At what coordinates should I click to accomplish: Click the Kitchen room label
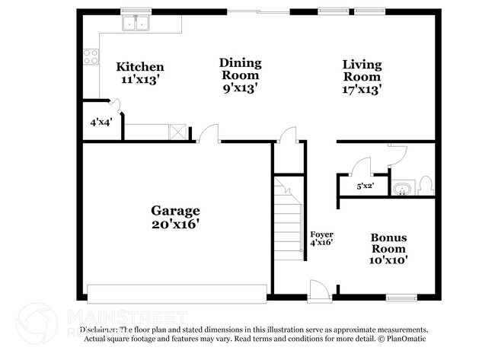point(139,67)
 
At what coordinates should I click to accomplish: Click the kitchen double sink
point(137,24)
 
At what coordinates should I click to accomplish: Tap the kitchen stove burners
point(91,56)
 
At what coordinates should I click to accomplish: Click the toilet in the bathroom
point(426,185)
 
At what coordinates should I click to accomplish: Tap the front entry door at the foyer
point(318,290)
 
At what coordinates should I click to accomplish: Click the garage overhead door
point(177,293)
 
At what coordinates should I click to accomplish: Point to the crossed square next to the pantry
point(177,131)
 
